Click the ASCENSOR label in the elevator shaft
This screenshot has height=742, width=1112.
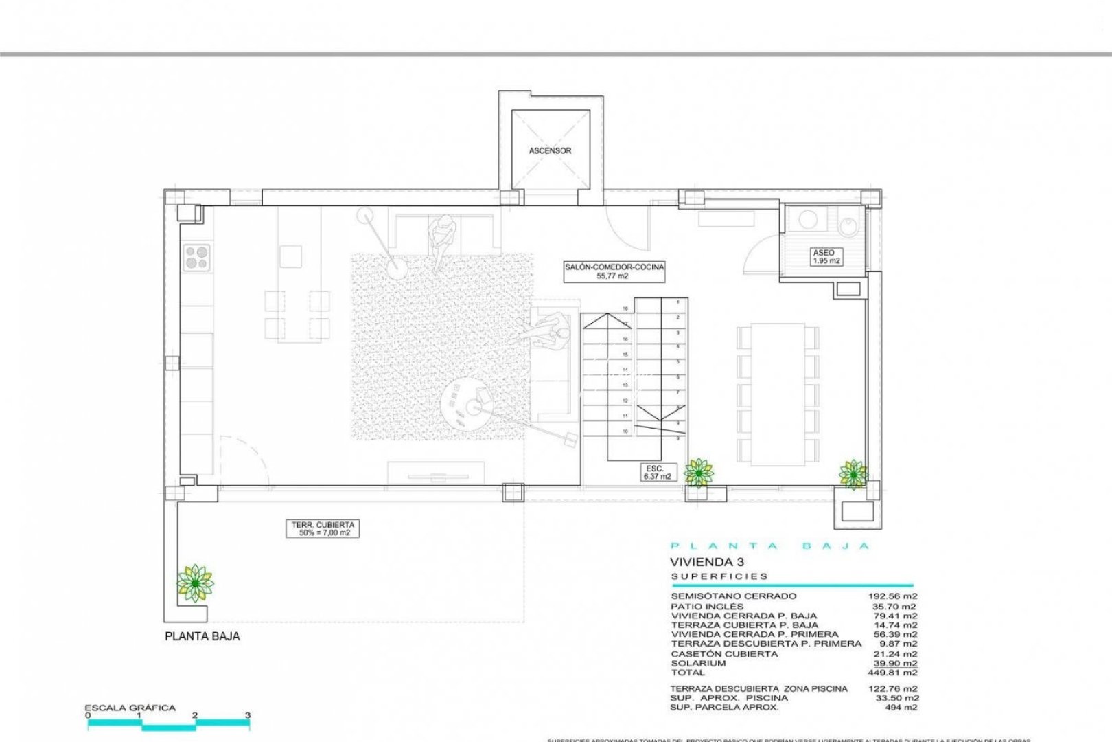click(550, 150)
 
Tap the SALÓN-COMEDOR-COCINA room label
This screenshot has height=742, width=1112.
click(614, 271)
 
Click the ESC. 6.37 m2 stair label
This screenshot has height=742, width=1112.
click(657, 472)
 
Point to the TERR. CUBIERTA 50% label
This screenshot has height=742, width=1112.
click(322, 528)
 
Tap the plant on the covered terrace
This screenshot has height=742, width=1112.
click(195, 582)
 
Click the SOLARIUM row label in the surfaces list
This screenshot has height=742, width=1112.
click(698, 664)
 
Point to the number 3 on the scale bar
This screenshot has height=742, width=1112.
click(248, 715)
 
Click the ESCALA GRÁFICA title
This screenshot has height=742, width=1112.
click(130, 708)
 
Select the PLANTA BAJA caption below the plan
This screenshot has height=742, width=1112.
click(202, 636)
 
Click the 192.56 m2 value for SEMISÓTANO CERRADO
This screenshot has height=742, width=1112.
click(892, 596)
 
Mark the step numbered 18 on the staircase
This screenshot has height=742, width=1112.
click(625, 309)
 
